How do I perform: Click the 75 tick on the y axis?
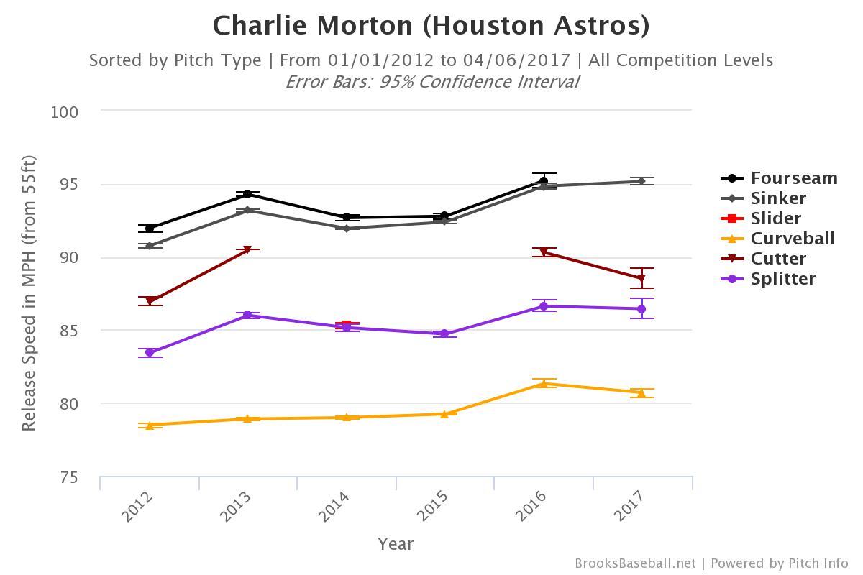click(69, 477)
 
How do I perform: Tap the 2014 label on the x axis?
click(334, 507)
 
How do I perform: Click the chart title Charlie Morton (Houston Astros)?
click(431, 26)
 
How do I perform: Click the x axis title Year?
click(396, 544)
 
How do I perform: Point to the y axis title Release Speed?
click(29, 293)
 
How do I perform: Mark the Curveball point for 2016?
click(544, 384)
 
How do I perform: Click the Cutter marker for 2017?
click(641, 279)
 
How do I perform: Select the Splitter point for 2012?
click(150, 352)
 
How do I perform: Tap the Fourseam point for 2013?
click(247, 194)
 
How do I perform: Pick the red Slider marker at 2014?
click(347, 325)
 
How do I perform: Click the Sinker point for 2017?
click(641, 181)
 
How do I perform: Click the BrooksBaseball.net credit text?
click(635, 563)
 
